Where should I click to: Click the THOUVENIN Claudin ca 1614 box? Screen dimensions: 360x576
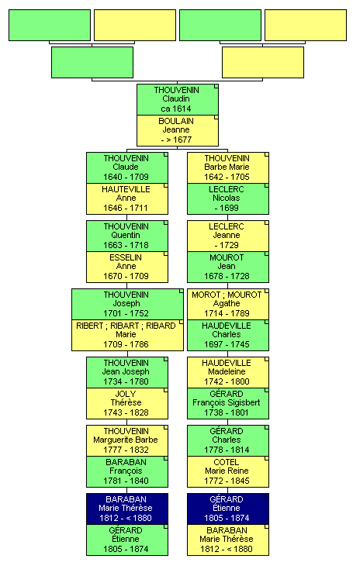pyautogui.click(x=177, y=99)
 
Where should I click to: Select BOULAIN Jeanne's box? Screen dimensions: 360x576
pyautogui.click(x=177, y=131)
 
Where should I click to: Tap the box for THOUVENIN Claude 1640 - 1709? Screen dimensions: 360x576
pyautogui.click(x=127, y=168)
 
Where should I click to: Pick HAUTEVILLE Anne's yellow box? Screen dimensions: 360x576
pyautogui.click(x=127, y=198)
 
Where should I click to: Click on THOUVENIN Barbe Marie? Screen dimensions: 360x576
pyautogui.click(x=227, y=168)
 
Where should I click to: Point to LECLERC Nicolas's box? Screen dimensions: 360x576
pyautogui.click(x=227, y=198)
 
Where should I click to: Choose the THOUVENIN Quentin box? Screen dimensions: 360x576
pyautogui.click(x=127, y=236)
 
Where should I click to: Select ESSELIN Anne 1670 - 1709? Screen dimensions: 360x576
pyautogui.click(x=127, y=267)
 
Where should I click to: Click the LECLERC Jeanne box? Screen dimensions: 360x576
pyautogui.click(x=227, y=236)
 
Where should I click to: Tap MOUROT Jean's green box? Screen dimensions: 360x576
pyautogui.click(x=227, y=267)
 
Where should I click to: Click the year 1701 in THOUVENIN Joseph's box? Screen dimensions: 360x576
pyautogui.click(x=112, y=313)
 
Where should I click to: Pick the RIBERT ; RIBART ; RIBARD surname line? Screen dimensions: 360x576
pyautogui.click(x=126, y=326)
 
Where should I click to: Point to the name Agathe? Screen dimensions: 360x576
pyautogui.click(x=227, y=303)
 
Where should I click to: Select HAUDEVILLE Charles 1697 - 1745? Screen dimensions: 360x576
pyautogui.click(x=227, y=335)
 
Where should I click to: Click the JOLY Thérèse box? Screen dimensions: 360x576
pyautogui.click(x=127, y=403)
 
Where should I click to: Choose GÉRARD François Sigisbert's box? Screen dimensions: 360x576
pyautogui.click(x=227, y=403)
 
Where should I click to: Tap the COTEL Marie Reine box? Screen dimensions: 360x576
pyautogui.click(x=227, y=471)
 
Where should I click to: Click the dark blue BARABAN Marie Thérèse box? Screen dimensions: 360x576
pyautogui.click(x=127, y=509)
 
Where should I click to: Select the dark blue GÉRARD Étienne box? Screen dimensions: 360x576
pyautogui.click(x=227, y=509)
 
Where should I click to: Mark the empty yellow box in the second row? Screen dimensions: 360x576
pyautogui.click(x=262, y=62)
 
